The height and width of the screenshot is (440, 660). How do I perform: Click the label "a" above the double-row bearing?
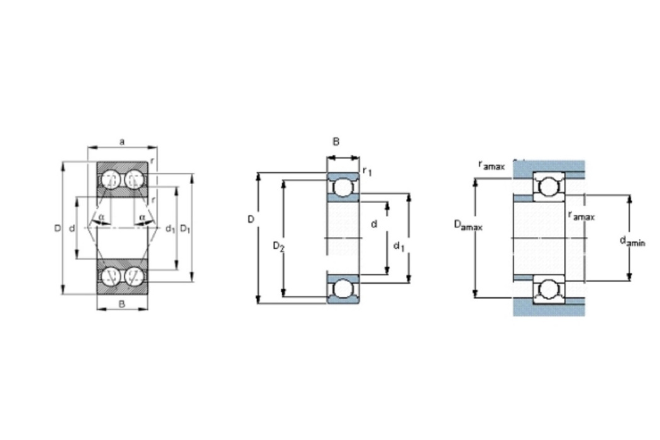click(x=122, y=141)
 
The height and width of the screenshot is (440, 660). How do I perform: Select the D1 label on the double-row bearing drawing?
click(x=185, y=229)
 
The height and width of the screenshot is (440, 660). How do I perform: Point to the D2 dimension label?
click(x=278, y=246)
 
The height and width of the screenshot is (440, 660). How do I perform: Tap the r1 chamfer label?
click(x=367, y=171)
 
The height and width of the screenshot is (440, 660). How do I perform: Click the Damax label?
click(x=468, y=225)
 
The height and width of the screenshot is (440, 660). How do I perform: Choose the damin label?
click(x=632, y=241)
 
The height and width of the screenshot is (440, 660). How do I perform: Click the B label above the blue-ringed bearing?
click(x=336, y=141)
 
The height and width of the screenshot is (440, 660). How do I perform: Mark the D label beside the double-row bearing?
click(x=57, y=228)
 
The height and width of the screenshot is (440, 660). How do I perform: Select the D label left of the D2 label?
click(x=251, y=219)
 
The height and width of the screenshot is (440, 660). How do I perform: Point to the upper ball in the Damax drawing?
click(x=549, y=187)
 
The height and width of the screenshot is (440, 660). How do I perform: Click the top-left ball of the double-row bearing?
click(x=111, y=179)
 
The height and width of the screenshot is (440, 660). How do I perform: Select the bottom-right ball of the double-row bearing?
click(x=134, y=276)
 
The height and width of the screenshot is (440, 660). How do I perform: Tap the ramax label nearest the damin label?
click(x=581, y=216)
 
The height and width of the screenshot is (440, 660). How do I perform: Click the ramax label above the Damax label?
click(x=491, y=165)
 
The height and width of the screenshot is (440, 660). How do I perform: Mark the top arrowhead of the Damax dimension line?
click(x=476, y=182)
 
